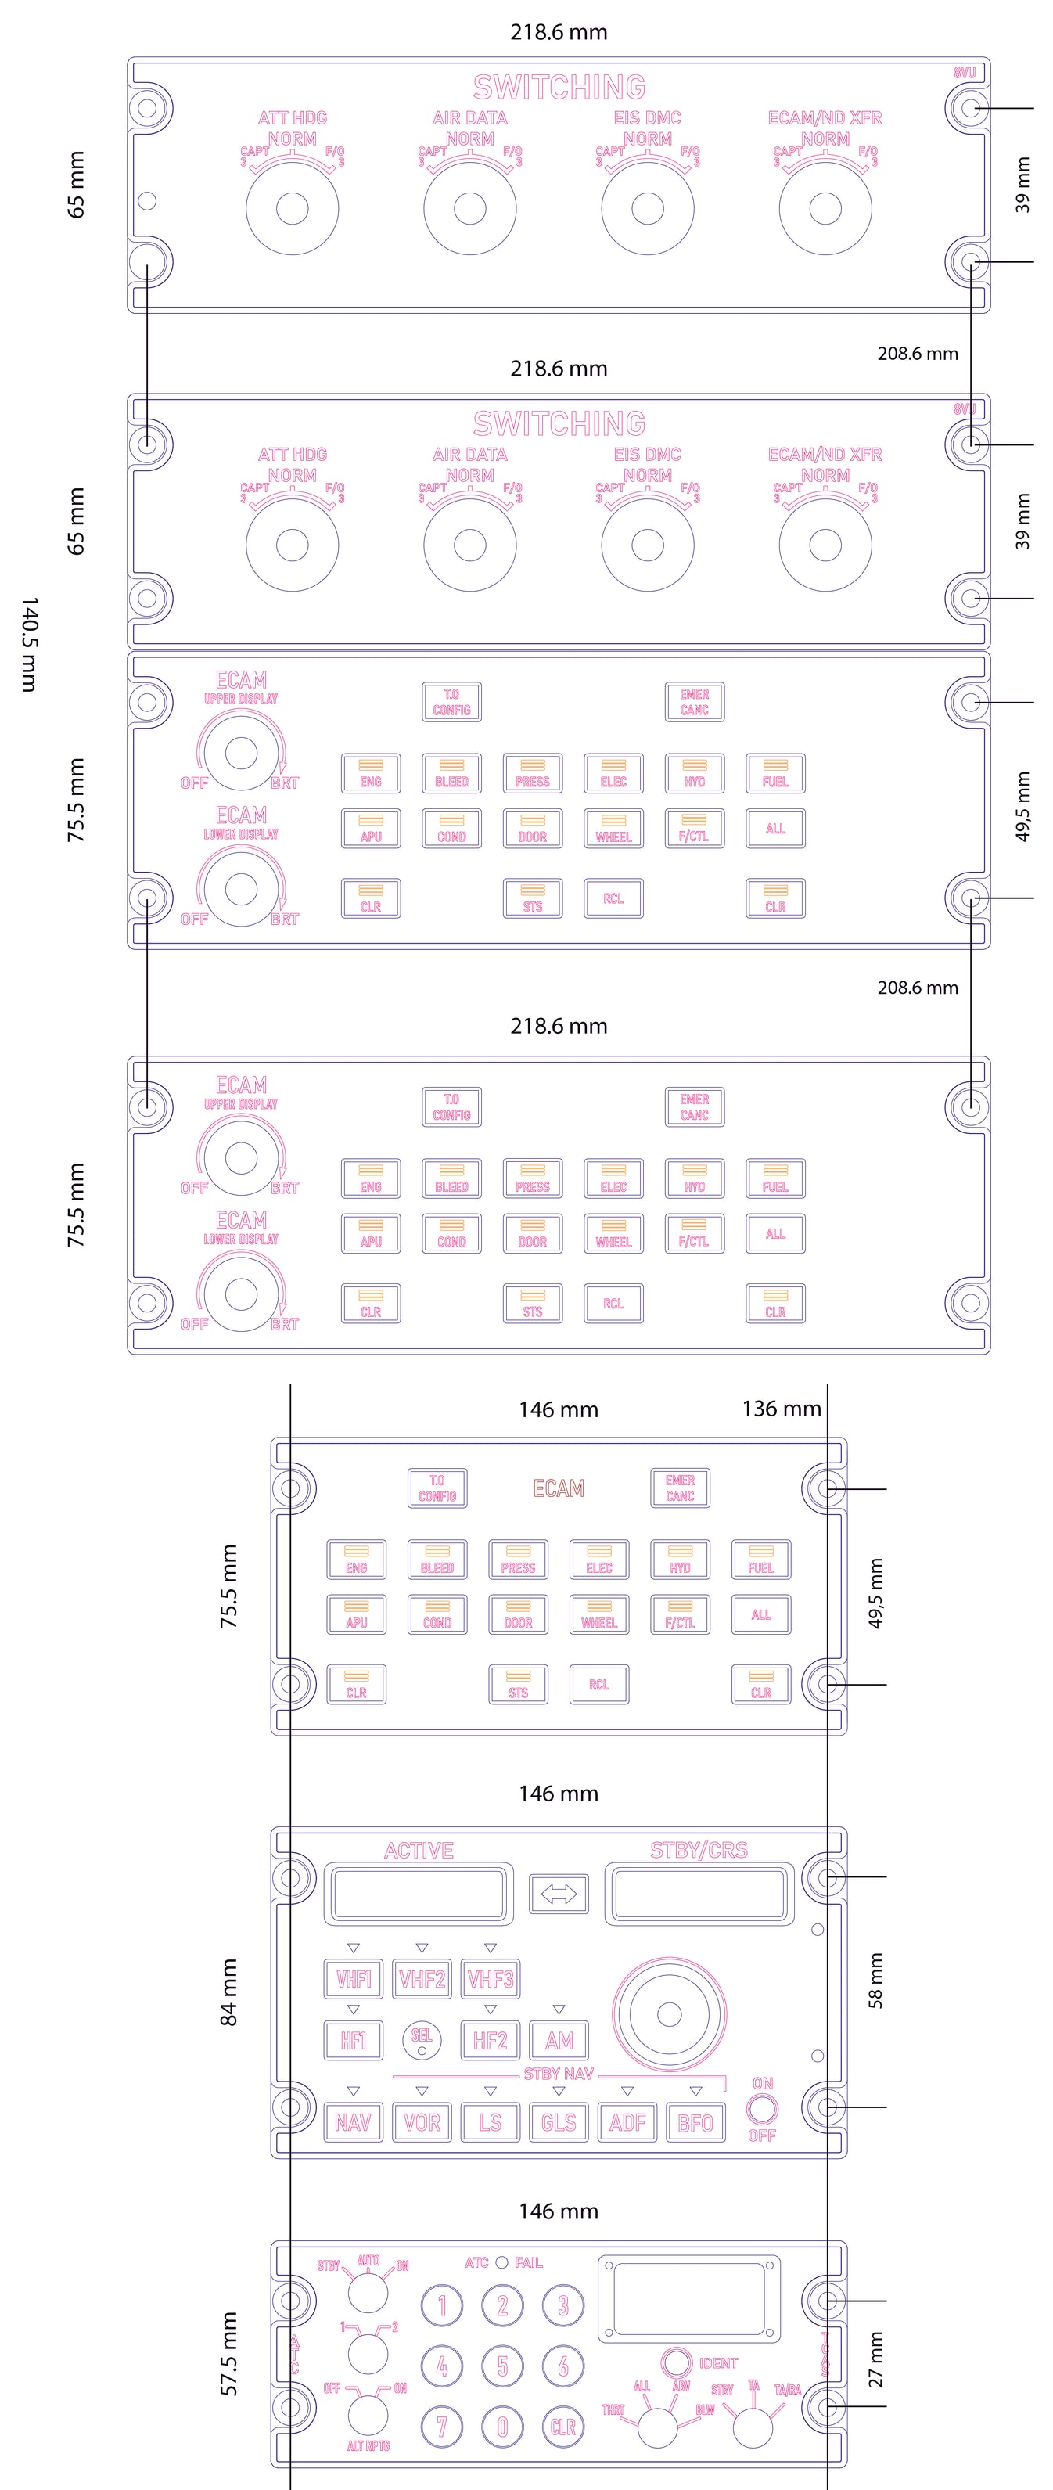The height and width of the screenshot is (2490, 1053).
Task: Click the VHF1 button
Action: coord(353,1979)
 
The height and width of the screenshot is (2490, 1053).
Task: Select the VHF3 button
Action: coord(490,1979)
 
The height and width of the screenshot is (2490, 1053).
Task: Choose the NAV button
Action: coord(353,2123)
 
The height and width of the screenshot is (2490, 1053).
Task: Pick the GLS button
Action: coord(559,2123)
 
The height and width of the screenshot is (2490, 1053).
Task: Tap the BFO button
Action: coord(695,2123)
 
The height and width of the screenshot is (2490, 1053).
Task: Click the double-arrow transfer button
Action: coord(559,1894)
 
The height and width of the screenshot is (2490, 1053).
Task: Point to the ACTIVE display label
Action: coord(419,1850)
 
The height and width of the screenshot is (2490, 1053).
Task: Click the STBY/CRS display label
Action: coord(699,1850)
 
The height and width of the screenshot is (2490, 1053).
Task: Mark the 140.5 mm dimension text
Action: coord(29,644)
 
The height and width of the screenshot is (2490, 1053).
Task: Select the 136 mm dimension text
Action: coord(782,1409)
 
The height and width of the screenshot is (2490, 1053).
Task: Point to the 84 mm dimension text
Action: coord(229,1992)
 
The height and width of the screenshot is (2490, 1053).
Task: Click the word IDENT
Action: coord(718,2362)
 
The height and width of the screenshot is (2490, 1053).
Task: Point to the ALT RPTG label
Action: coord(368,2445)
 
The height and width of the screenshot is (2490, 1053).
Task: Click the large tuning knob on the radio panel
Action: coord(670,2013)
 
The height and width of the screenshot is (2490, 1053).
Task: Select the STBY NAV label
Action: coord(559,2074)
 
